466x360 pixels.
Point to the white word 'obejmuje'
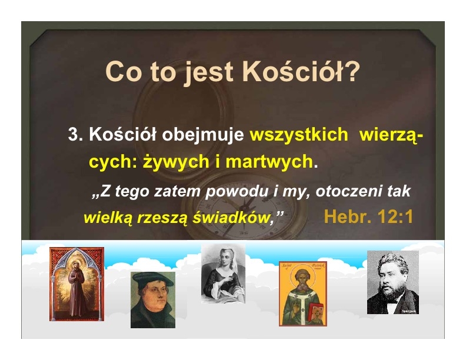[x=202, y=135]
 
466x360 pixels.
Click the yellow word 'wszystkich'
[x=299, y=134]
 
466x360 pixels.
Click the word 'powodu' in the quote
[x=237, y=191]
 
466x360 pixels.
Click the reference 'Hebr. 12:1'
[x=368, y=216]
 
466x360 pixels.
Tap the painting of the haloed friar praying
[x=76, y=284]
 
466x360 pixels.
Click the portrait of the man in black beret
[x=153, y=300]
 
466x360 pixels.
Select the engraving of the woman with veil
[x=223, y=274]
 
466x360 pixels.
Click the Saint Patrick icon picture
[x=303, y=294]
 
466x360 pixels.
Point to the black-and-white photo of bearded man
[x=393, y=282]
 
